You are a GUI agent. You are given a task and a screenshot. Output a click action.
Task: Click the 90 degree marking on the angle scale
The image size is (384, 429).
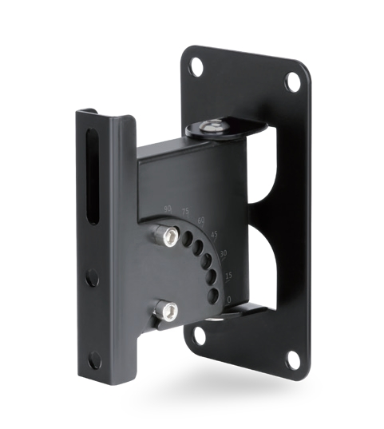168,208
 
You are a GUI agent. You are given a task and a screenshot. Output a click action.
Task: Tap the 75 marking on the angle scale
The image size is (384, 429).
186,212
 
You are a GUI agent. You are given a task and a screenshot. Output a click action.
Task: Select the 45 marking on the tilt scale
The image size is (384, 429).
214,234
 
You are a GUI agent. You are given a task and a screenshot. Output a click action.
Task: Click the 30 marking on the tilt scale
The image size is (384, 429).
223,254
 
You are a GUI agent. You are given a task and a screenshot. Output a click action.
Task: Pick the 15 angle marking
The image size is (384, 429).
228,276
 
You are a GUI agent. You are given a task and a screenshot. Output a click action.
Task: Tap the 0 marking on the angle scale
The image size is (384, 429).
228,299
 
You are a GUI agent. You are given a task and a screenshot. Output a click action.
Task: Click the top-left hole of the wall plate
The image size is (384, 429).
193,70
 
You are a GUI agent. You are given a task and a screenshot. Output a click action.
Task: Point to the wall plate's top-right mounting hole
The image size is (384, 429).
292,81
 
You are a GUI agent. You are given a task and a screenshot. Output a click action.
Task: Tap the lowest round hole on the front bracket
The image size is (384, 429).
94,359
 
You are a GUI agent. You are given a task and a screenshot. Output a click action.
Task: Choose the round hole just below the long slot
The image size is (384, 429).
93,278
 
